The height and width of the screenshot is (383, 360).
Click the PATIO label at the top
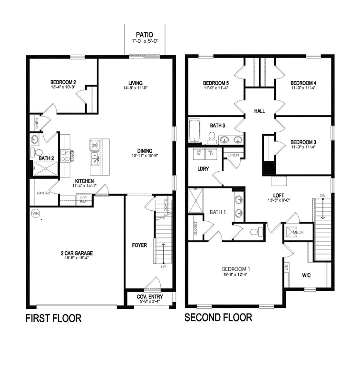[145, 35]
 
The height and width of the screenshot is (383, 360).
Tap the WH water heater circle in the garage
[35, 214]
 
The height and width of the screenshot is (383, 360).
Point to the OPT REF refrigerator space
[84, 199]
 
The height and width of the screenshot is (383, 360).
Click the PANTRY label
[44, 193]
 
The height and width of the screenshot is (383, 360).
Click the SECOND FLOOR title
[218, 317]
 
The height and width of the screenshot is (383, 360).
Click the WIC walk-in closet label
[307, 275]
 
